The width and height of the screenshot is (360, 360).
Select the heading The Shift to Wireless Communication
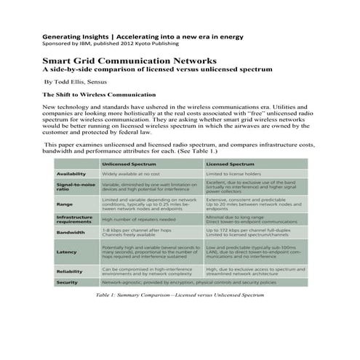pyautogui.click(x=99, y=95)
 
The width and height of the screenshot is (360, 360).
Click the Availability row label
pyautogui.click(x=72, y=175)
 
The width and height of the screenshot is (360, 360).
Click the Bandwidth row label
pyautogui.click(x=71, y=233)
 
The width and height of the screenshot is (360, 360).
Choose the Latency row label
pyautogui.click(x=66, y=252)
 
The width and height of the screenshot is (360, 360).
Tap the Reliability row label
pyautogui.click(x=70, y=271)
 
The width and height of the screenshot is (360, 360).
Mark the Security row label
pyautogui.click(x=68, y=281)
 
